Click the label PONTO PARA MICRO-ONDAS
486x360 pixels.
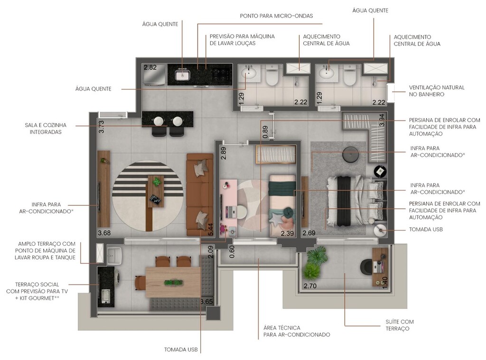276,16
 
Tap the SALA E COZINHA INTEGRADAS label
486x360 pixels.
46,129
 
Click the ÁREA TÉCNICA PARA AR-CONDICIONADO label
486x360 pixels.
296,331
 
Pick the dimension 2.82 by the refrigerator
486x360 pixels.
150,67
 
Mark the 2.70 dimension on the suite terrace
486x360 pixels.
310,286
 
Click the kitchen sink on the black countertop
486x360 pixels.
183,75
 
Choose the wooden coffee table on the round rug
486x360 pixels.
155,191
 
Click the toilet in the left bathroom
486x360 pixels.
272,76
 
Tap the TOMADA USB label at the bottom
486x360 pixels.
180,350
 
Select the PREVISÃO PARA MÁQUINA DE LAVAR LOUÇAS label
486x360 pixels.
242,40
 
